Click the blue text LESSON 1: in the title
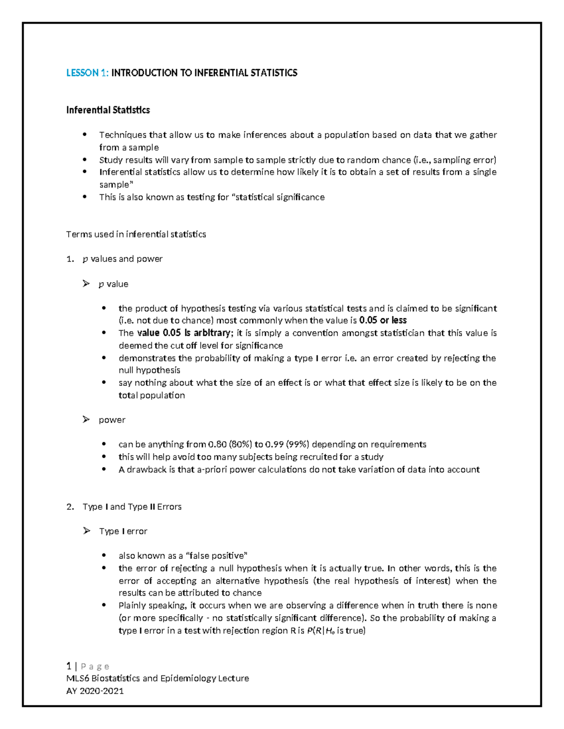[x=87, y=73]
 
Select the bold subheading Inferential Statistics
[x=108, y=110]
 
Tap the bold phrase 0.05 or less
[x=383, y=321]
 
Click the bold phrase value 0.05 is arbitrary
[x=183, y=333]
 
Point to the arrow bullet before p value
[x=86, y=284]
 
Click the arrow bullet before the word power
[x=86, y=419]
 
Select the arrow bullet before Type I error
[x=86, y=531]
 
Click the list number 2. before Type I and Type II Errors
[x=70, y=506]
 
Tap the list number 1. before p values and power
[x=70, y=259]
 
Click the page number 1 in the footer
[x=69, y=666]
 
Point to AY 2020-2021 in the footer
[x=95, y=691]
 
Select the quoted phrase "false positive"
[x=217, y=556]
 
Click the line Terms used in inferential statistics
[x=136, y=234]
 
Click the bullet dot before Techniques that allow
[x=85, y=135]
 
